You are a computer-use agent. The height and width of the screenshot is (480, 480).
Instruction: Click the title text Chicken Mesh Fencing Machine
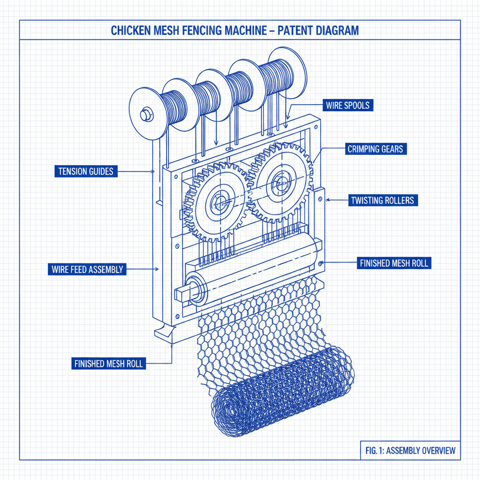coord(192,31)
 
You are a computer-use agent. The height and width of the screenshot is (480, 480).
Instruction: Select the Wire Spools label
coord(347,105)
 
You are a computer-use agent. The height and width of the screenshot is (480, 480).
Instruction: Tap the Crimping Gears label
coord(375,150)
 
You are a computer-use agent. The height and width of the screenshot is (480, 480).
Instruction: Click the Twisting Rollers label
coord(382,201)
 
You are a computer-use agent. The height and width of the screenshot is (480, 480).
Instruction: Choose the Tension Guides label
coord(86,172)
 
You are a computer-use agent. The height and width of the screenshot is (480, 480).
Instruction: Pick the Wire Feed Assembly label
coord(87,270)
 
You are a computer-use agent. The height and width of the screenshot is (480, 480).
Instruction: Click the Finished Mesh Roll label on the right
coord(394,263)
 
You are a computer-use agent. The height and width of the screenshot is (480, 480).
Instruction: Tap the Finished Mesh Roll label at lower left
coord(109,363)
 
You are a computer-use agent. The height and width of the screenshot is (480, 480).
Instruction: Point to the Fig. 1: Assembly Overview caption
coord(410,451)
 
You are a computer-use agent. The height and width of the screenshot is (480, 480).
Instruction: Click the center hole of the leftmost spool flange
coord(145,114)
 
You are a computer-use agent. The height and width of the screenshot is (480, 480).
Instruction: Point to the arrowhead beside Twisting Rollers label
coord(327,200)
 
